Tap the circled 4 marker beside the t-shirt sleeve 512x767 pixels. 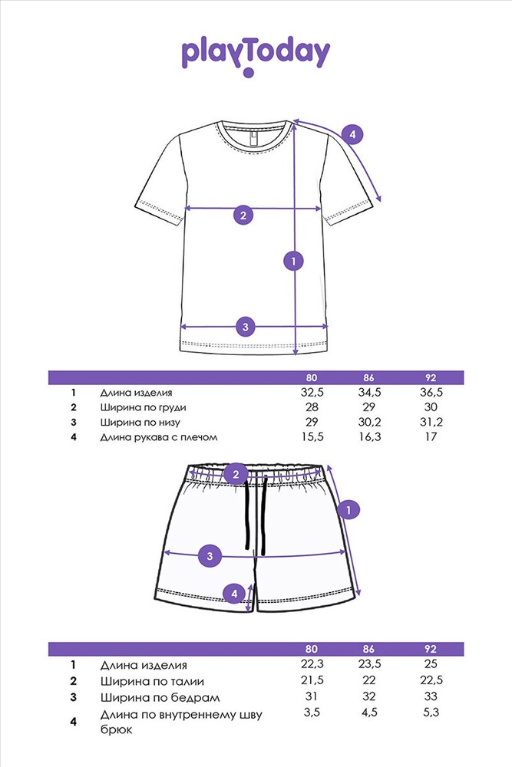pyautogui.click(x=352, y=134)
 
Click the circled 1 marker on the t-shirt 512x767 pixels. pyautogui.click(x=294, y=261)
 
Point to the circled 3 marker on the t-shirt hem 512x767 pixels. pyautogui.click(x=246, y=327)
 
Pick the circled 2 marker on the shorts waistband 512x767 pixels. pyautogui.click(x=236, y=473)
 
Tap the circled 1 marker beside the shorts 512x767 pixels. pyautogui.click(x=348, y=510)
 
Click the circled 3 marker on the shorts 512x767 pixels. pyautogui.click(x=210, y=555)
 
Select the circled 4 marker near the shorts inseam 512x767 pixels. pyautogui.click(x=234, y=594)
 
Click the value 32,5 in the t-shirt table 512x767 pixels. pyautogui.click(x=312, y=393)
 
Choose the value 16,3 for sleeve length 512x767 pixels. pyautogui.click(x=369, y=437)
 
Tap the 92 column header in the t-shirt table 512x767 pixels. pyautogui.click(x=431, y=377)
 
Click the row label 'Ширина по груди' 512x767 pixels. pyautogui.click(x=143, y=407)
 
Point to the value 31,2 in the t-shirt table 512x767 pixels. pyautogui.click(x=431, y=422)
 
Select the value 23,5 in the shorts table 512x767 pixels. pyautogui.click(x=369, y=664)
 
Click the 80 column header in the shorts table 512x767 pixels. pyautogui.click(x=312, y=649)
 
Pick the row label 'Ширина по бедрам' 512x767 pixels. pyautogui.click(x=160, y=697)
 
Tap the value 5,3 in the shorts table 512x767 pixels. pyautogui.click(x=431, y=713)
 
